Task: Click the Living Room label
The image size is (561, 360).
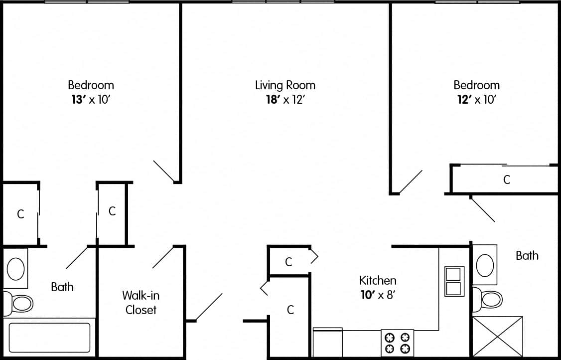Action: click(285, 85)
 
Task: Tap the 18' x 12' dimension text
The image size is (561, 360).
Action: click(285, 100)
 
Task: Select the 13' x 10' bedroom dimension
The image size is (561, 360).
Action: click(91, 100)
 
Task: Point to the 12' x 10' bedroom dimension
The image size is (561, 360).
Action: click(476, 100)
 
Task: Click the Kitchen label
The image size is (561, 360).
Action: click(378, 280)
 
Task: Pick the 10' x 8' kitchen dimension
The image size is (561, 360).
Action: click(378, 295)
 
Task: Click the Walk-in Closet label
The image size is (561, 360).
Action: click(141, 303)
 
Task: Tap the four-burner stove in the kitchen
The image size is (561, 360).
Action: click(397, 343)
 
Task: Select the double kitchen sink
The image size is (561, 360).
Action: click(454, 282)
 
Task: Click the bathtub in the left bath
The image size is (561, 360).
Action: click(49, 338)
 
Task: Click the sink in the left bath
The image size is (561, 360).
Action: click(16, 269)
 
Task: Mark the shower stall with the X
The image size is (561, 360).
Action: click(497, 337)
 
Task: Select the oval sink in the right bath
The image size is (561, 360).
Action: click(485, 265)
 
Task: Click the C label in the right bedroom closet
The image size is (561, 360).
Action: click(507, 180)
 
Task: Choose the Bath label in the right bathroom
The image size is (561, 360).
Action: click(527, 256)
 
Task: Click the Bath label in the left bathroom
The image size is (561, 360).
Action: click(62, 287)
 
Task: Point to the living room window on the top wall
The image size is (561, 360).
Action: click(283, 2)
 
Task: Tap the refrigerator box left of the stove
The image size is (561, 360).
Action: click(327, 343)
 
